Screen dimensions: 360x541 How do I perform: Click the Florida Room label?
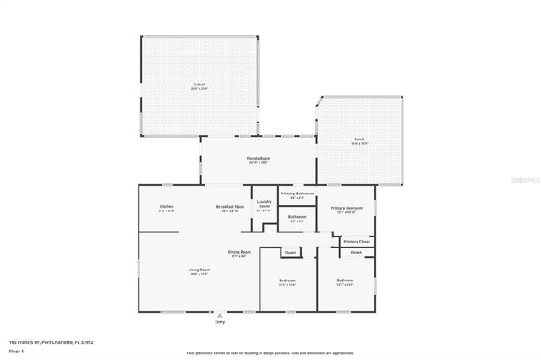(258, 158)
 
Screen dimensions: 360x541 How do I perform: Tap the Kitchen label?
(167, 207)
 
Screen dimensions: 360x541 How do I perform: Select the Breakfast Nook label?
(230, 207)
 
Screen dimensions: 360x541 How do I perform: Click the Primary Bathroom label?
(297, 194)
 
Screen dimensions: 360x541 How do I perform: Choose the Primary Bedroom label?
(347, 208)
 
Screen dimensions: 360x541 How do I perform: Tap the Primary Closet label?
(356, 242)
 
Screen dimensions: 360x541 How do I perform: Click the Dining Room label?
(239, 252)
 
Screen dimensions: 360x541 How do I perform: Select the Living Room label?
(199, 270)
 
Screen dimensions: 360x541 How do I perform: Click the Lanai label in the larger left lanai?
(199, 85)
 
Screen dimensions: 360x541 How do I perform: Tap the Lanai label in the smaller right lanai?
(358, 139)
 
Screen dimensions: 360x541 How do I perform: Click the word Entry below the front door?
(220, 322)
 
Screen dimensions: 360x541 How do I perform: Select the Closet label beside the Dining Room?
(289, 252)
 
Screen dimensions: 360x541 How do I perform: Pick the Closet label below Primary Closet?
(356, 252)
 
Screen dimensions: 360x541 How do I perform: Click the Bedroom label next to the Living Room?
(287, 281)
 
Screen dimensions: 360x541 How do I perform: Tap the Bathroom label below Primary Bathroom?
(297, 217)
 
